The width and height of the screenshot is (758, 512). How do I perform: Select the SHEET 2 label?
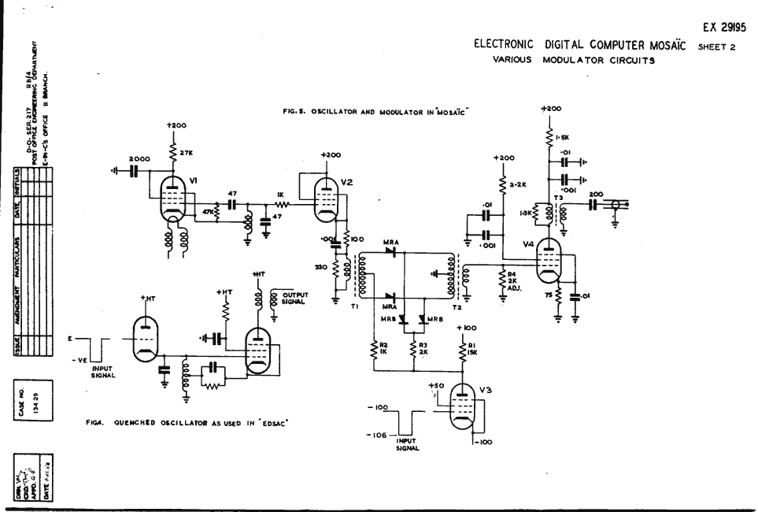720,46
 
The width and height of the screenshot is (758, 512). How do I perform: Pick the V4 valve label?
528,246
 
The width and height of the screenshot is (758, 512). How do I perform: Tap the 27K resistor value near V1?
187,152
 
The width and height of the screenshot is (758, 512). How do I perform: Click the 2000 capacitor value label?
129,158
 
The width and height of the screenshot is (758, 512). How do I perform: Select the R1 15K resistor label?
473,348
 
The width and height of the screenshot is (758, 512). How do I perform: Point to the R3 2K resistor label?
423,347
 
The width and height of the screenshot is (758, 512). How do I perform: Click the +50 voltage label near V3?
438,386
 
